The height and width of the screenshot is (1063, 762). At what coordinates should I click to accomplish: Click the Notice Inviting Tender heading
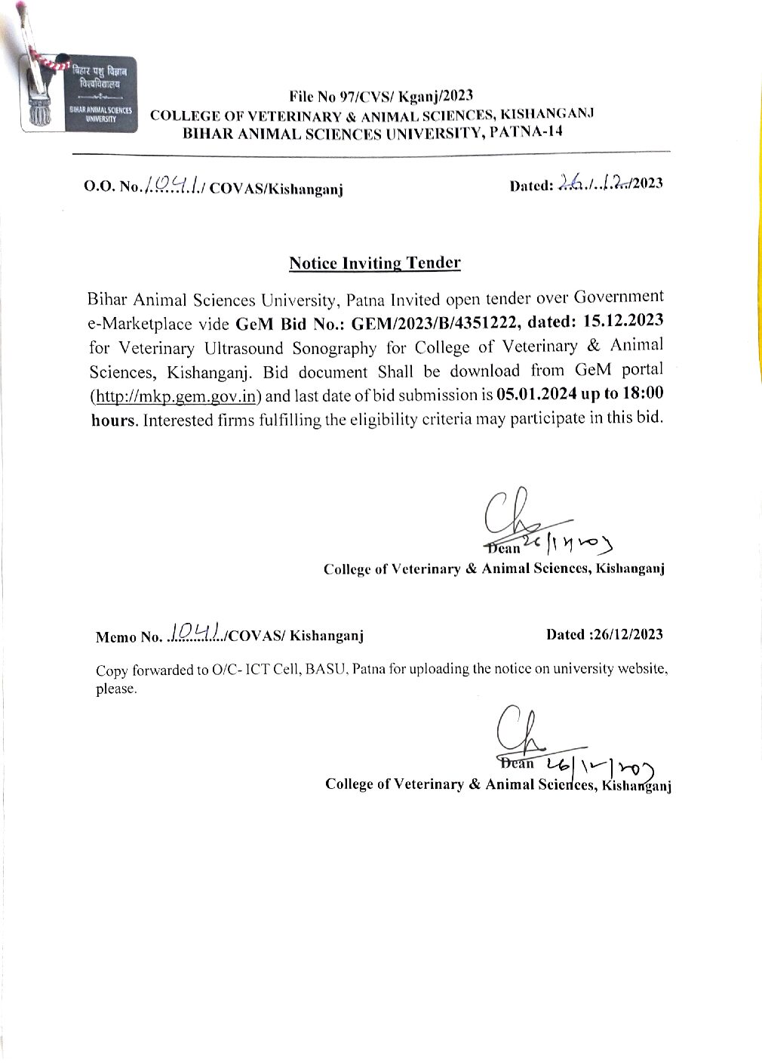click(x=375, y=263)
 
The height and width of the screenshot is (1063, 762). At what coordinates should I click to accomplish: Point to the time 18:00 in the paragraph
click(x=641, y=395)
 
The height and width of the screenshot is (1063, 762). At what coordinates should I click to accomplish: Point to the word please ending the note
click(x=115, y=689)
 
